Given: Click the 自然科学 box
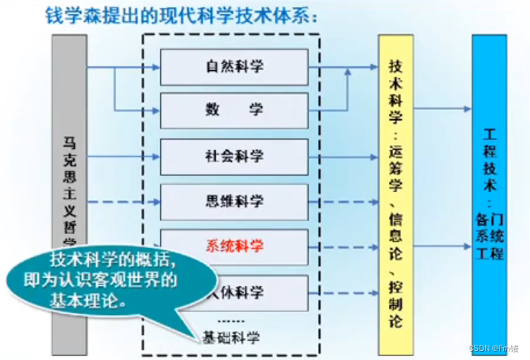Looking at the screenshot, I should click(234, 67).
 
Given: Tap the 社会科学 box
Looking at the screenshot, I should click(234, 156).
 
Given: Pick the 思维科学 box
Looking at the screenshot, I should click(234, 201).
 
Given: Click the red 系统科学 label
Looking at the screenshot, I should click(234, 246).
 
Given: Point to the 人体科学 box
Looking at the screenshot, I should click(252, 291).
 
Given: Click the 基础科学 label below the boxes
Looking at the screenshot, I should click(230, 336).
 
